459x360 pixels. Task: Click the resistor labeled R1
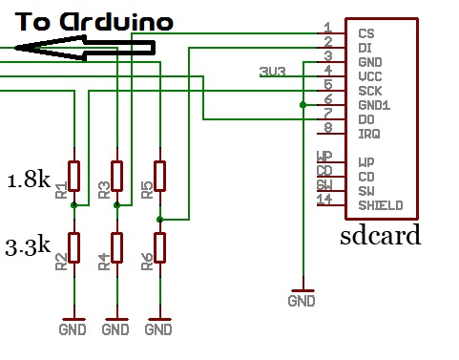pos(73,176)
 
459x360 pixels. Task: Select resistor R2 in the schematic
pos(73,247)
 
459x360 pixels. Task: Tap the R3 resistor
pos(116,176)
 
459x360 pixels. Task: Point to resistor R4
pos(116,247)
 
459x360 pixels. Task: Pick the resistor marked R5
pos(159,176)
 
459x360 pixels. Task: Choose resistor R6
pos(159,247)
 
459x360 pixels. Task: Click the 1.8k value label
pos(27,180)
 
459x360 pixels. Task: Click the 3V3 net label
pos(271,72)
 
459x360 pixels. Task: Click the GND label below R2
pos(73,330)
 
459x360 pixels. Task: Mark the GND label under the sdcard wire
pos(303,302)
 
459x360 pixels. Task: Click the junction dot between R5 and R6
pos(159,219)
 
